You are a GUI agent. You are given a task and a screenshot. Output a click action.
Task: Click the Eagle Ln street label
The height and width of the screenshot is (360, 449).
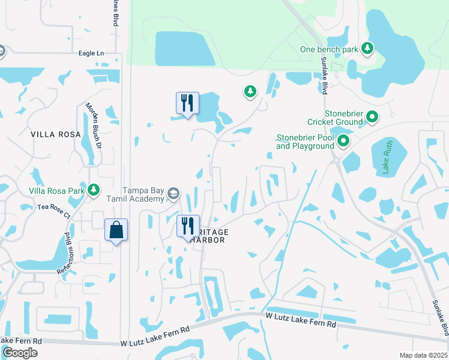(91, 53)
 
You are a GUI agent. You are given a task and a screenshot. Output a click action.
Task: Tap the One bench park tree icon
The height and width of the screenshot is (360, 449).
(367, 47)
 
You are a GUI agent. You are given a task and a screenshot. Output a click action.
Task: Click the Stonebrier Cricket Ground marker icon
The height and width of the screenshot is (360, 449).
(372, 116)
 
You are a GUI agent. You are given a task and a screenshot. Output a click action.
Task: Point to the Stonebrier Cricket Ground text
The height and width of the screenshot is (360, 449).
(343, 118)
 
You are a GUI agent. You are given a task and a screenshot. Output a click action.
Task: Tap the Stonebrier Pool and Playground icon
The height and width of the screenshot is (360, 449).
(343, 142)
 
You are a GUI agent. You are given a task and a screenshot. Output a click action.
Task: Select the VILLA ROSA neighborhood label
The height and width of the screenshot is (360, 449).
(55, 134)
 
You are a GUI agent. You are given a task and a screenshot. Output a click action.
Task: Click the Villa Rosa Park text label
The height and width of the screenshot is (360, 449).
(56, 191)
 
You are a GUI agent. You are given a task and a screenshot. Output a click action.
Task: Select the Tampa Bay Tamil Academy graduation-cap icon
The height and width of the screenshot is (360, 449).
(173, 193)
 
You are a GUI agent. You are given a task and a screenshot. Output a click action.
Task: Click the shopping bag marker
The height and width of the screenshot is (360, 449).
(116, 230)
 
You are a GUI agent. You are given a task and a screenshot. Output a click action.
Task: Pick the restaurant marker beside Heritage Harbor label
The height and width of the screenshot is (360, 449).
(188, 227)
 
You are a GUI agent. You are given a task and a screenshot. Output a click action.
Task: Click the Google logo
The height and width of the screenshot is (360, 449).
(20, 353)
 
